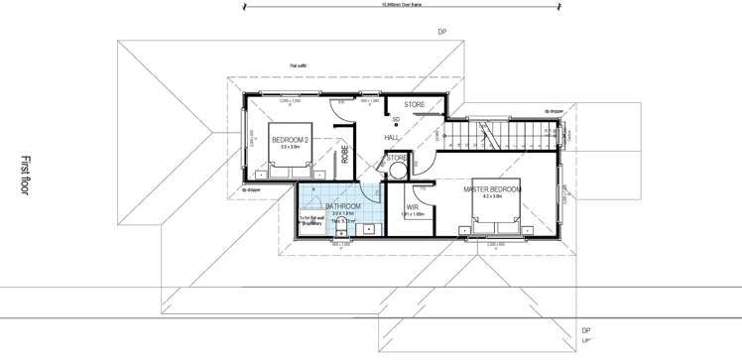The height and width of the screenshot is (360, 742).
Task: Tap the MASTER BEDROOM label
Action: (x=492, y=188)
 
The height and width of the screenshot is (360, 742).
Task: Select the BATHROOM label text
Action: (x=342, y=205)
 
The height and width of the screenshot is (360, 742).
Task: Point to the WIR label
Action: (x=412, y=206)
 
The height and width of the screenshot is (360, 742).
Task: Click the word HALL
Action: (x=392, y=137)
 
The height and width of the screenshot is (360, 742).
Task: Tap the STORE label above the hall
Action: (x=415, y=103)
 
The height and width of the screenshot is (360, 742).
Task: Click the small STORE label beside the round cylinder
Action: (x=396, y=158)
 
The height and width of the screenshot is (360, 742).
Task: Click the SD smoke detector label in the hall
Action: (x=396, y=120)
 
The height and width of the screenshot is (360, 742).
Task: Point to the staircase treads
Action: (x=506, y=132)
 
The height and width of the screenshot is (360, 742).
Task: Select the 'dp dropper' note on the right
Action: (x=554, y=111)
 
